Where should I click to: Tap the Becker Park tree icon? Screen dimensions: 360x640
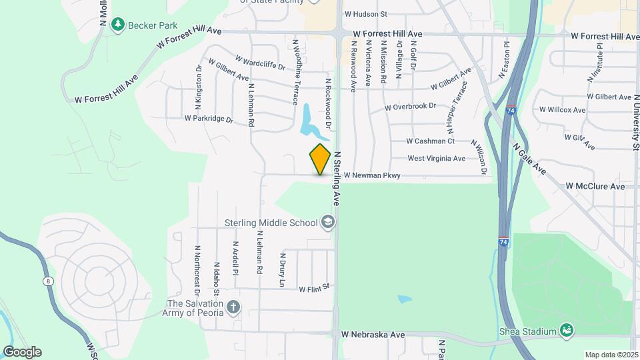118,24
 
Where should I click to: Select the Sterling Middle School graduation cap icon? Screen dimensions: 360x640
327,221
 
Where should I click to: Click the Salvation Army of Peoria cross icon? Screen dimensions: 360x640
233,308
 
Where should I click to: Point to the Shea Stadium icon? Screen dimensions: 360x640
566,331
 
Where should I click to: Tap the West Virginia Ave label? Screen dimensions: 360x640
437,159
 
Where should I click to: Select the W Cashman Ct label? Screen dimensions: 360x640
431,141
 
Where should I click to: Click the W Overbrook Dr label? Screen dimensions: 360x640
410,107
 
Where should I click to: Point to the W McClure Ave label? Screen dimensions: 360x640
595,186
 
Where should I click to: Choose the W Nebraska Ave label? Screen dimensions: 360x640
373,334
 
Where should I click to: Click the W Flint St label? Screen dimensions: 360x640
315,289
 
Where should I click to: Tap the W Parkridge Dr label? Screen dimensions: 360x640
209,119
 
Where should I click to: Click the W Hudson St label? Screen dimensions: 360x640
365,13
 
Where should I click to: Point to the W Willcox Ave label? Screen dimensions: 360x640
562,109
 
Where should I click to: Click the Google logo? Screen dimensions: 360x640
21,352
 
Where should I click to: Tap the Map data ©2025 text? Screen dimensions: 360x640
610,355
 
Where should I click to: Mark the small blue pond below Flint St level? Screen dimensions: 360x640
405,299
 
